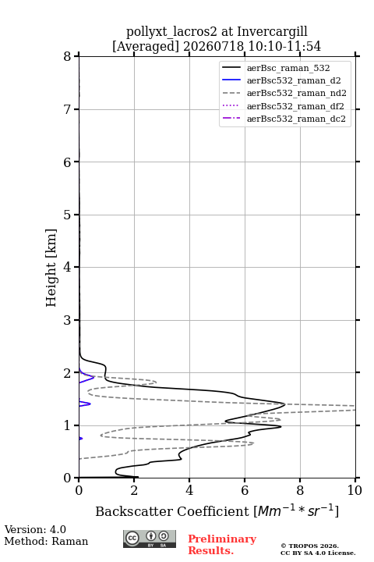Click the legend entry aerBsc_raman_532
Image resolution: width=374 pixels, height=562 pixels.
point(288,68)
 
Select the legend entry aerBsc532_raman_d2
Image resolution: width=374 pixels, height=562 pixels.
point(294,80)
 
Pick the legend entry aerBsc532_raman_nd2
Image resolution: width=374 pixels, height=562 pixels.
point(297,93)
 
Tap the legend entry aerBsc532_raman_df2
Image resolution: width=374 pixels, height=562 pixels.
point(295,106)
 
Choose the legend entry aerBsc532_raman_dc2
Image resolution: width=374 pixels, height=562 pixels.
point(296,119)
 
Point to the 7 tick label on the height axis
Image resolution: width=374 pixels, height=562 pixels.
point(67,109)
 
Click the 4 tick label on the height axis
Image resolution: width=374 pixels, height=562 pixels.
point(67,267)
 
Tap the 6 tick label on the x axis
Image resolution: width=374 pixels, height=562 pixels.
point(245,490)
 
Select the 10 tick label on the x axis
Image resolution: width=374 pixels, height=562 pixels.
point(355,490)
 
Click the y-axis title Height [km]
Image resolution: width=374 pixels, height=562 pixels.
point(51,268)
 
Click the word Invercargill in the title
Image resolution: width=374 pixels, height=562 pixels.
point(273,32)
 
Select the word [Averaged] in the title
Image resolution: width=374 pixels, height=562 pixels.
point(145,47)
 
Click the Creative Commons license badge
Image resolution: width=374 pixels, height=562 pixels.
point(150,539)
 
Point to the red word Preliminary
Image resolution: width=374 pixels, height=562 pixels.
point(222,539)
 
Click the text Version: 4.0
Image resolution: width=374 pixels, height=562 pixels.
point(35,529)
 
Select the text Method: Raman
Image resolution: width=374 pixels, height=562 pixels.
point(46,541)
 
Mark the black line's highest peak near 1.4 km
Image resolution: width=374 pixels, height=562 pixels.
point(285,404)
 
